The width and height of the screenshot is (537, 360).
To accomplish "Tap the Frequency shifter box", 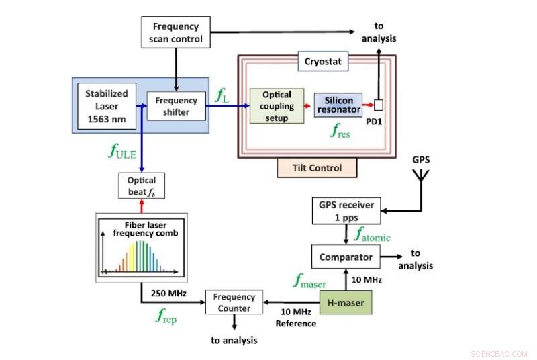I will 176,106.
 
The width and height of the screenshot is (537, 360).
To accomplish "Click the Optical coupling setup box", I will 277,106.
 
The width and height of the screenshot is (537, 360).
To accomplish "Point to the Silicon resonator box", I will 338,105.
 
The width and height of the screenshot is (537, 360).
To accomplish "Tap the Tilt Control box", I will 318,168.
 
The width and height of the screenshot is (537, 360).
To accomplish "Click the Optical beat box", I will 141,185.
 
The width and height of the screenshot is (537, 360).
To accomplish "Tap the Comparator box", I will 345,256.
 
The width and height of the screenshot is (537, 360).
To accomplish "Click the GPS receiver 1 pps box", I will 345,210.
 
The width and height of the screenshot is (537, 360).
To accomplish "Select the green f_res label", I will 342,132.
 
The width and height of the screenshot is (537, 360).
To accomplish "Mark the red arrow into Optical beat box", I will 141,205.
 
